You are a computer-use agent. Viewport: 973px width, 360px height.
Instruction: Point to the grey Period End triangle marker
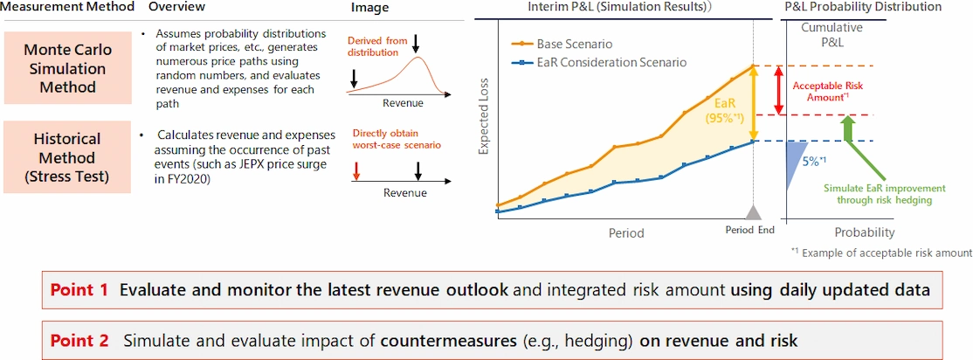pos(753,213)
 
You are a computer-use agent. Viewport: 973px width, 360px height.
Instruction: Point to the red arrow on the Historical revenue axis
pos(356,171)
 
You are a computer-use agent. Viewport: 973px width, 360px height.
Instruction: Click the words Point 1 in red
pos(79,289)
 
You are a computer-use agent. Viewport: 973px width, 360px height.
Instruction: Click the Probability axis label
pos(865,233)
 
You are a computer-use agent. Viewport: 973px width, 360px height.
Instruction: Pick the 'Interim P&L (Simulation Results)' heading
pos(619,7)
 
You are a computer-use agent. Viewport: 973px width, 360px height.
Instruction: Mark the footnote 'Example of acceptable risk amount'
pos(881,253)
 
